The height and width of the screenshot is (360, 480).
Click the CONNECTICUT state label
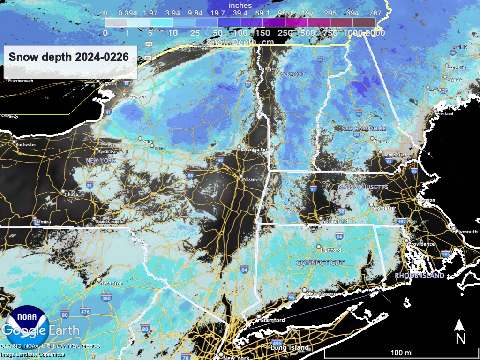[x=320, y=263]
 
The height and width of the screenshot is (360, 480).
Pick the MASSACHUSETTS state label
[x=363, y=187]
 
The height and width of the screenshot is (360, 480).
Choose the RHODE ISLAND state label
[x=419, y=275]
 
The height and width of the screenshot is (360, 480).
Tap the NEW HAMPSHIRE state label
[x=363, y=128]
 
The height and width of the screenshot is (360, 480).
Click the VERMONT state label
[x=292, y=75]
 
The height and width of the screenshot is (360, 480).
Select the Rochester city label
[x=25, y=144]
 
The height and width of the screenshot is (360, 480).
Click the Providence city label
[x=421, y=244]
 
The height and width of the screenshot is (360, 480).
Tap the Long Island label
[x=290, y=347]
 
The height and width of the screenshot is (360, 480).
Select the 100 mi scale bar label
[x=402, y=352]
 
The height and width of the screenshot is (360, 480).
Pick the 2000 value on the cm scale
[x=376, y=33]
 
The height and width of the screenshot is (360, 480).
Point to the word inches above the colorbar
[x=240, y=5]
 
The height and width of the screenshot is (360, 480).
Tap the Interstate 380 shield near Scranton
[x=106, y=297]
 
